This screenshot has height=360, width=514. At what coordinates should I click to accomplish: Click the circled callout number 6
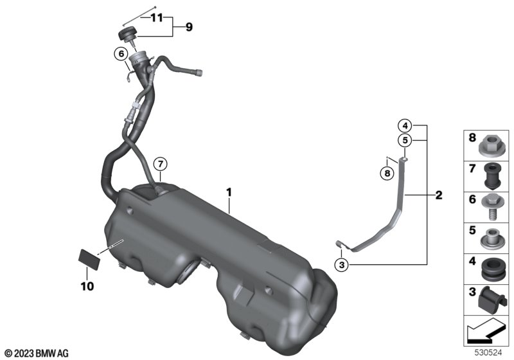[x=121, y=54]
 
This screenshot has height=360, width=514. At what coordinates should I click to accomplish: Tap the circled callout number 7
[x=160, y=163]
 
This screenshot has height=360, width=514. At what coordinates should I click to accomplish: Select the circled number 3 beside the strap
[x=342, y=264]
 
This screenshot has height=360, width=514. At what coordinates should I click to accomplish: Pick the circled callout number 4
[x=405, y=125]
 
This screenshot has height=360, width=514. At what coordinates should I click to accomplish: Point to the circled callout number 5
[x=405, y=140]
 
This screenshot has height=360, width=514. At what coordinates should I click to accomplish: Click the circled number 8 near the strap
[x=387, y=173]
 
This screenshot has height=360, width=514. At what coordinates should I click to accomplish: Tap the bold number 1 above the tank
[x=229, y=192]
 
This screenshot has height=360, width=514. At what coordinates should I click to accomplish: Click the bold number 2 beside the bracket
[x=439, y=195]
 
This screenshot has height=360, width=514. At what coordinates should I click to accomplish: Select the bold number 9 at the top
[x=189, y=27]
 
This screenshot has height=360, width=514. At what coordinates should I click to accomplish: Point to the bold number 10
[x=87, y=286]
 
